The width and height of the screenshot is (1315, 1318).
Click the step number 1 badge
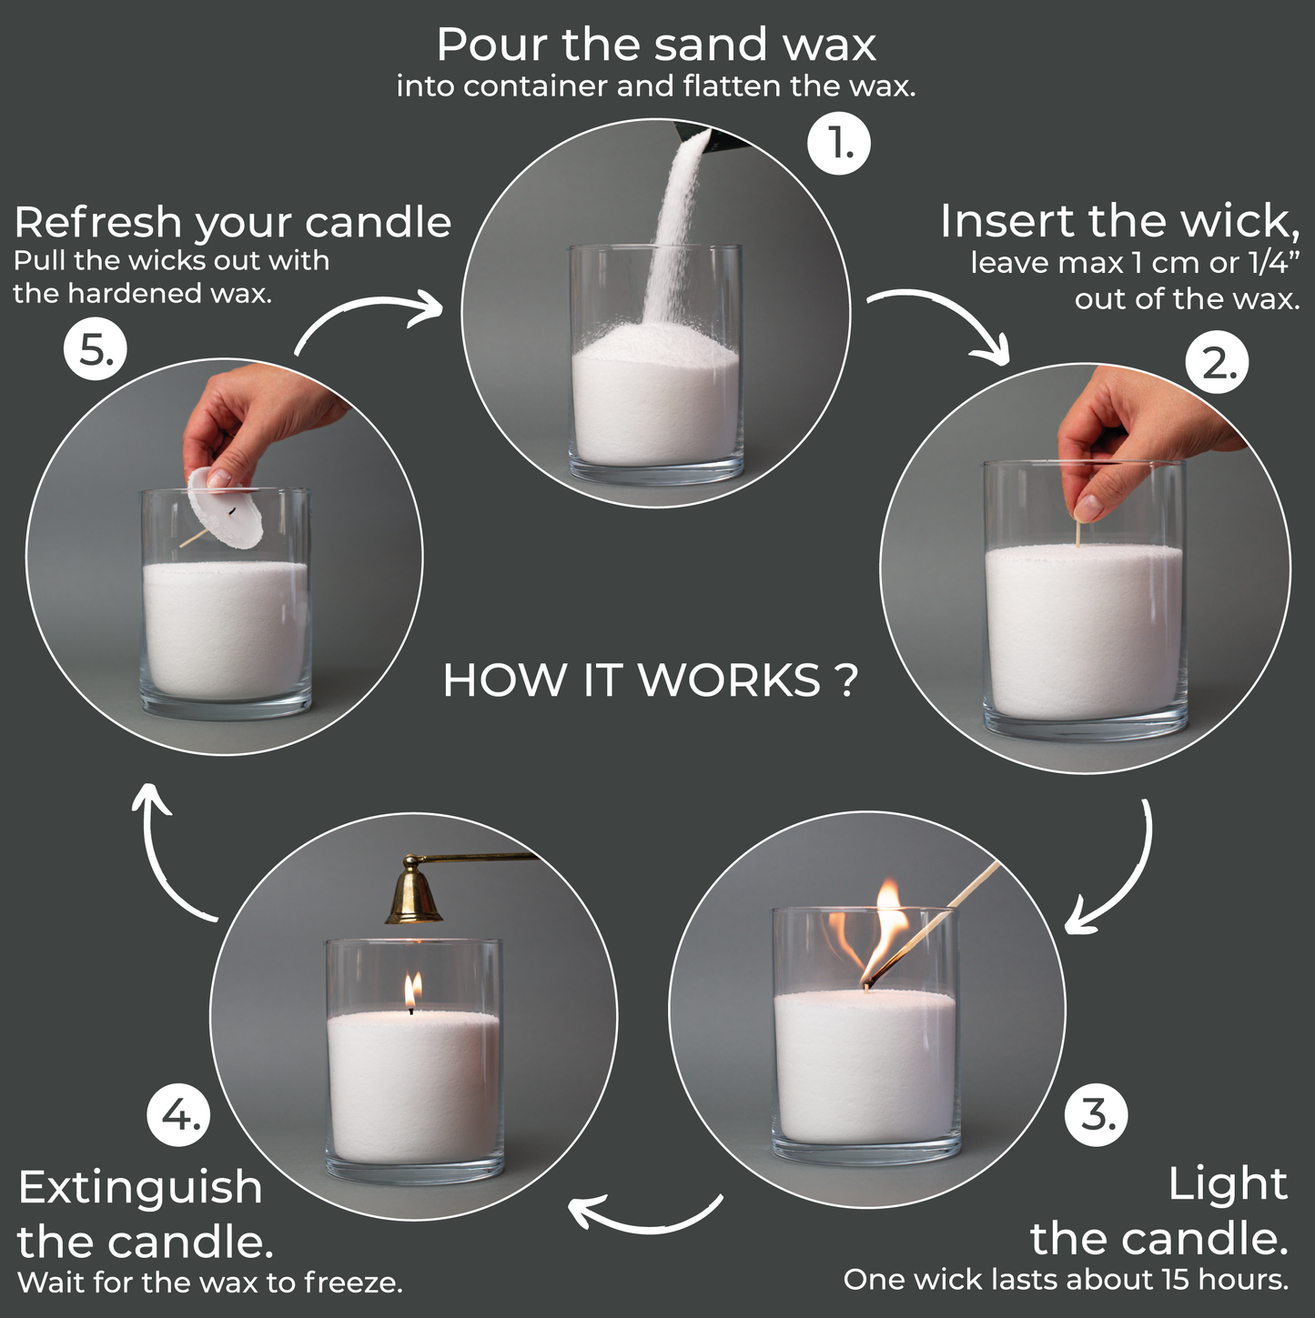[x=839, y=144]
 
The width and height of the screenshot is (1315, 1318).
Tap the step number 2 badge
[x=1217, y=364]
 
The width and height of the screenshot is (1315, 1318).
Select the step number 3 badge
[x=1096, y=1114]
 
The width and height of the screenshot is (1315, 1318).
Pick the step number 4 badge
[x=179, y=1114]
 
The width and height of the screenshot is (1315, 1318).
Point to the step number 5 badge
[x=95, y=350]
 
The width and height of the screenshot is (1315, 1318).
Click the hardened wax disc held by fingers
[x=225, y=510]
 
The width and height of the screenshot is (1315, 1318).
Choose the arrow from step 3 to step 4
[x=646, y=1215]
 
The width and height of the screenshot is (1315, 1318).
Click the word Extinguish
[x=140, y=1187]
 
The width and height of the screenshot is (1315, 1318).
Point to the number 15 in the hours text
[x=1175, y=1279]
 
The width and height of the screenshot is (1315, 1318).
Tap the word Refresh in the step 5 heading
[x=98, y=223]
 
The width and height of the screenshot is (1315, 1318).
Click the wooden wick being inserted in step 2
[x=1078, y=533]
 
